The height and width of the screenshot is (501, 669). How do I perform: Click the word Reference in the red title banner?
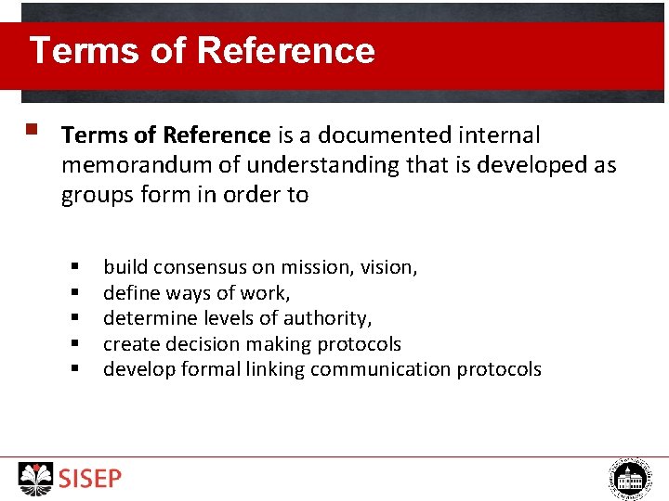point(286,50)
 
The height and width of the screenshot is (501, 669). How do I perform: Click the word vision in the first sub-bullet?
point(388,267)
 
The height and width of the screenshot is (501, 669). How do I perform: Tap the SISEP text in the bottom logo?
point(90,479)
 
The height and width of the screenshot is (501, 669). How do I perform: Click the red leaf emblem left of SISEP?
point(36,478)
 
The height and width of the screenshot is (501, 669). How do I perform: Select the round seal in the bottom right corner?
point(630,479)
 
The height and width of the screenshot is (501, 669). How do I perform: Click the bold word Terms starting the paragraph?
point(95,135)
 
